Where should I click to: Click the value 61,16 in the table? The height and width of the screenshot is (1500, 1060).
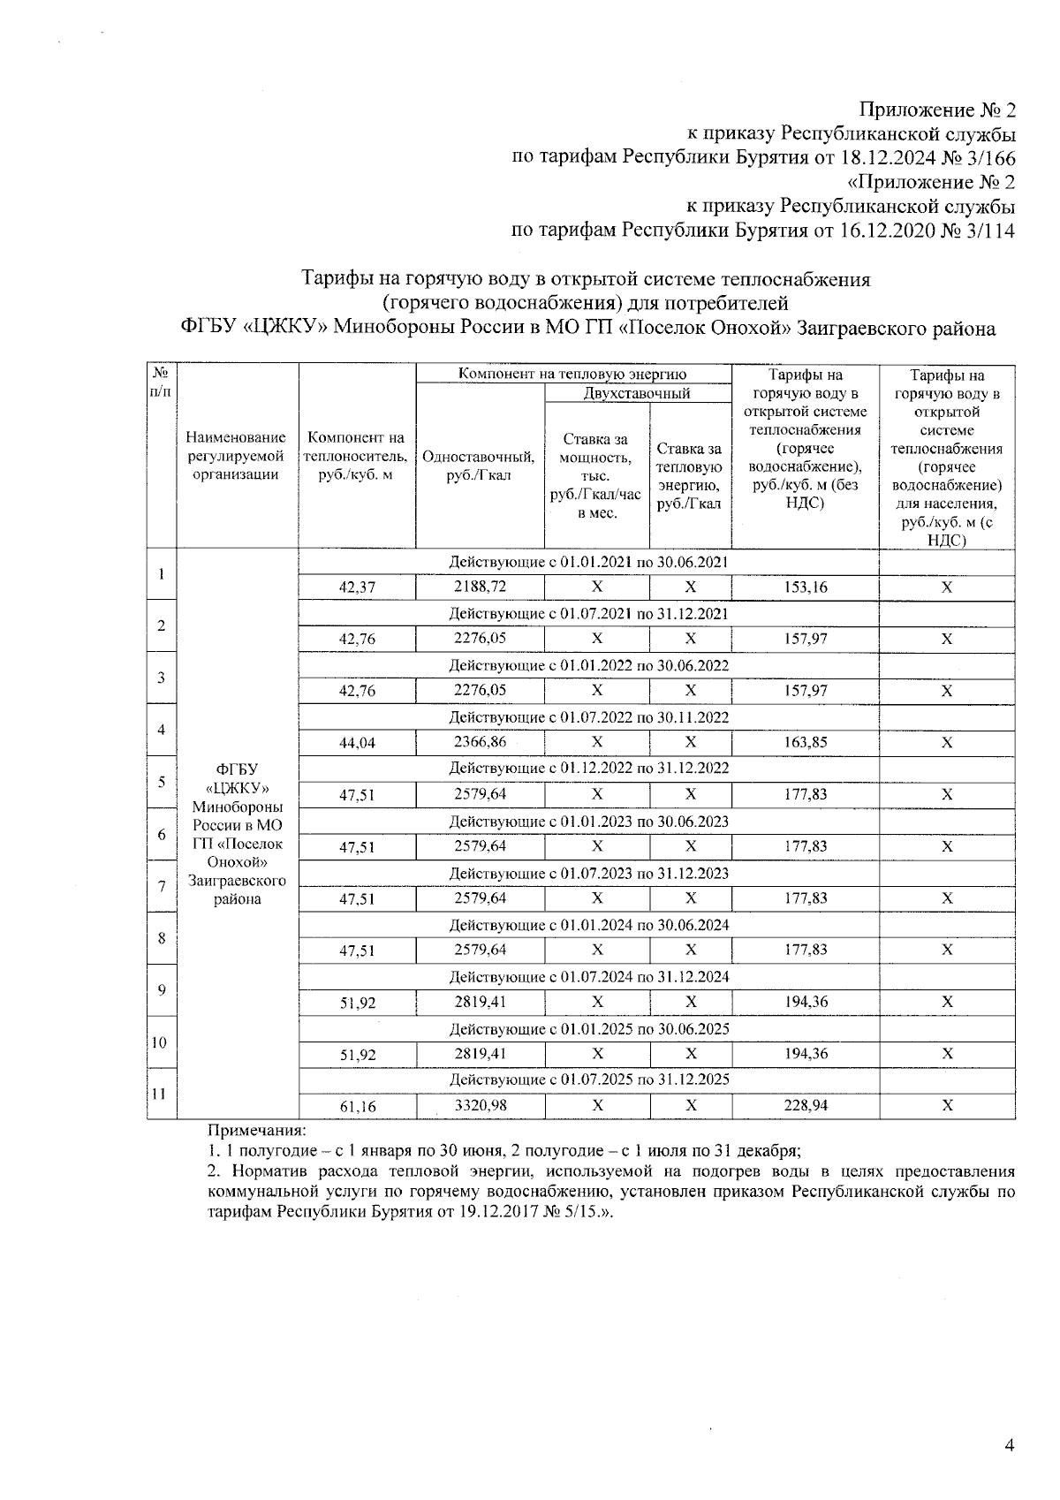(357, 1106)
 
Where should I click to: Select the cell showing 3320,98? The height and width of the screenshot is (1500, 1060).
(480, 1105)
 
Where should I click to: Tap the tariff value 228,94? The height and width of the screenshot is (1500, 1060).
(806, 1105)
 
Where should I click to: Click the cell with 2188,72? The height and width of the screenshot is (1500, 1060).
(480, 587)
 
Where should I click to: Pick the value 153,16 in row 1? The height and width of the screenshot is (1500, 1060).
(806, 587)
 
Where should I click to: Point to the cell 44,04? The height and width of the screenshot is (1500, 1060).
(357, 743)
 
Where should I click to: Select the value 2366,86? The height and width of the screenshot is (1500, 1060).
(480, 742)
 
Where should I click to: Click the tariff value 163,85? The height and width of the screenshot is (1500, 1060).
(806, 743)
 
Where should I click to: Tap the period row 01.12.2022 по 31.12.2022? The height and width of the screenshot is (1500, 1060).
(588, 769)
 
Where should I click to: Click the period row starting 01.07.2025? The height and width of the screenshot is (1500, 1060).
(588, 1080)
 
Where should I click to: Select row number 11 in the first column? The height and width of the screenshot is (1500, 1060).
(161, 1093)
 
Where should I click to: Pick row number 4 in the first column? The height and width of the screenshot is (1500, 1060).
(161, 730)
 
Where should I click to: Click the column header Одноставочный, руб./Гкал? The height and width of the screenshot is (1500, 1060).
(479, 466)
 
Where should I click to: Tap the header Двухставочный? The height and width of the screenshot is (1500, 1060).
(637, 393)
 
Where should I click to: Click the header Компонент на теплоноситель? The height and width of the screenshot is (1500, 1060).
(357, 456)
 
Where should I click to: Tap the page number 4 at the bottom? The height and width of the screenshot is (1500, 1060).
(1010, 1446)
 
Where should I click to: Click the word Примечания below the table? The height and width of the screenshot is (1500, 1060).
(256, 1130)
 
